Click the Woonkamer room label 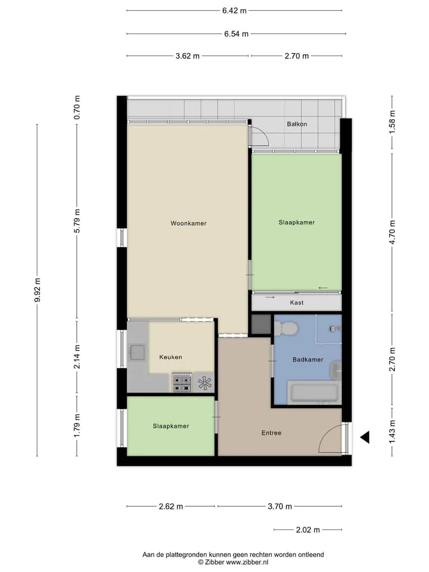188,223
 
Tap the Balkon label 297,124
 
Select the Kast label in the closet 297,303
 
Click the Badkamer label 308,360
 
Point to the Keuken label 170,357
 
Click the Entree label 272,433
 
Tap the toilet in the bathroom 287,328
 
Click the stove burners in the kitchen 182,383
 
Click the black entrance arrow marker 365,437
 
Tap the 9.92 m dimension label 37,290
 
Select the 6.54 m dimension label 236,34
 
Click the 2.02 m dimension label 308,530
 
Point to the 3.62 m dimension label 188,56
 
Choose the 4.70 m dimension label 392,232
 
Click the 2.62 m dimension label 171,506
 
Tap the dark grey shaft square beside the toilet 261,324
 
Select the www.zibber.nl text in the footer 247,562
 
